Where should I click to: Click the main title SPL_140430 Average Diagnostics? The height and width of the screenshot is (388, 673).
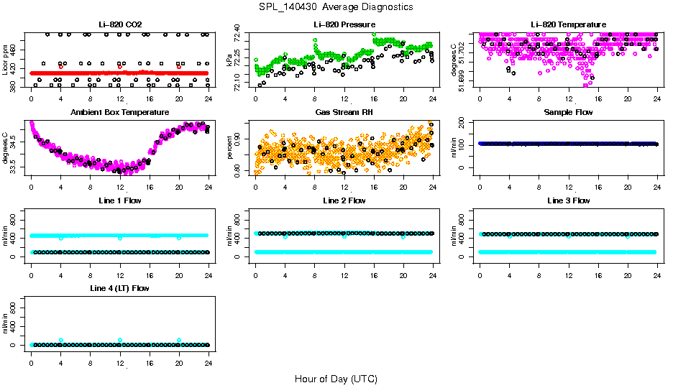point(337,6)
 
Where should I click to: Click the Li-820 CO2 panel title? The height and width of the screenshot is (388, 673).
point(119,25)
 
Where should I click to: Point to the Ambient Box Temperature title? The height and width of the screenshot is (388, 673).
point(119,113)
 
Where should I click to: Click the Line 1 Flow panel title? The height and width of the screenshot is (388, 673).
point(119,200)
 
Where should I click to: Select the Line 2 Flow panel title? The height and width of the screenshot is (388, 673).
point(344,200)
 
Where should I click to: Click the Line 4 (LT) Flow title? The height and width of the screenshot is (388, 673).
point(119,288)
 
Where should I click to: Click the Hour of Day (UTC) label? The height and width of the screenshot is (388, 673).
point(336,379)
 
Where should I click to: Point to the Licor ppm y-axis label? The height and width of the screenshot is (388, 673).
point(6,60)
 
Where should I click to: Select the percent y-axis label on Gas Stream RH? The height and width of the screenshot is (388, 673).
point(230,148)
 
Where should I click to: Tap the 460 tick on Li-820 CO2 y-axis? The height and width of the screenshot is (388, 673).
point(16,49)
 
